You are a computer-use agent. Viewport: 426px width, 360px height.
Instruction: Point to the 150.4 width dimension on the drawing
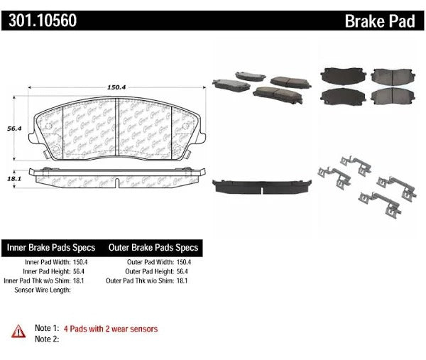[x=116, y=87]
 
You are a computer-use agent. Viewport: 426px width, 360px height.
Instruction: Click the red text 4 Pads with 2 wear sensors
[x=111, y=329]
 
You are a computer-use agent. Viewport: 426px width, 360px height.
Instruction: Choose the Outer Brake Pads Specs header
[x=153, y=249]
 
